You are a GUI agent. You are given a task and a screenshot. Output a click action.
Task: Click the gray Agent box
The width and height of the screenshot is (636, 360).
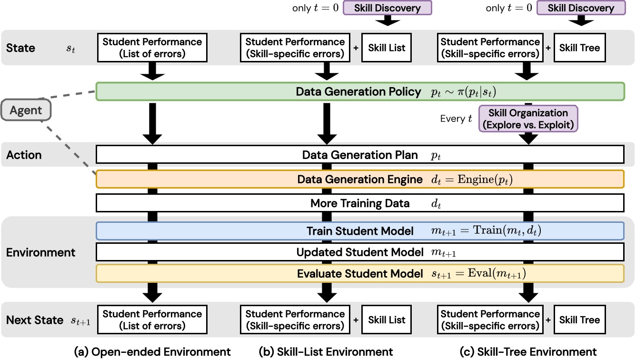(27, 111)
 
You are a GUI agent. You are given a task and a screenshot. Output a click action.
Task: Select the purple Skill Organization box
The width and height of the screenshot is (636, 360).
(528, 119)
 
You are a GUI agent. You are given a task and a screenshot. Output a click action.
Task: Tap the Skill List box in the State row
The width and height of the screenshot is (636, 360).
(387, 48)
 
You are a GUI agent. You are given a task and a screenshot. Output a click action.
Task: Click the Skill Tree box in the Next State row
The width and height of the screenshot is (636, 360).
(579, 320)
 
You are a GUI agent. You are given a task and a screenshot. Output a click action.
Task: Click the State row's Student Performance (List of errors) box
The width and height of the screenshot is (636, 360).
(152, 47)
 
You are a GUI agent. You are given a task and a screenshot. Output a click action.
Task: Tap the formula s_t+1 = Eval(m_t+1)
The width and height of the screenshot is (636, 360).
(478, 274)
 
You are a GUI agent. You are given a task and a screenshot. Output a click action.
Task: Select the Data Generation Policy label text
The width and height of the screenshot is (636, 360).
(359, 92)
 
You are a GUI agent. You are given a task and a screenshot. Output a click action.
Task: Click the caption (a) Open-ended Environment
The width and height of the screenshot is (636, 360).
(152, 352)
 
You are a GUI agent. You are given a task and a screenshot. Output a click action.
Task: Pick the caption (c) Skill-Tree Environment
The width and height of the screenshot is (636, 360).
(528, 352)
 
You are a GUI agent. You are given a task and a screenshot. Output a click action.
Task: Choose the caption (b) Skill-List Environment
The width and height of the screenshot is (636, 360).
(326, 352)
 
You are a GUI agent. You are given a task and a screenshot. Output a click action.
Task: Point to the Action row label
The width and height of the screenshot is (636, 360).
(24, 155)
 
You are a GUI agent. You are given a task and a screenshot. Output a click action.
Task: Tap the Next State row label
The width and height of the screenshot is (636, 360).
(35, 320)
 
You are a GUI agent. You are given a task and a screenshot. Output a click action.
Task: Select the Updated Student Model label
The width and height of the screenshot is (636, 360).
(360, 252)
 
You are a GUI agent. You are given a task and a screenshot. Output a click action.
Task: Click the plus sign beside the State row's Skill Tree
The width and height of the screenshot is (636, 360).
(548, 48)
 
